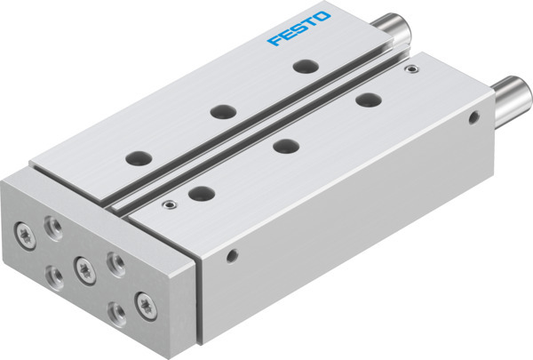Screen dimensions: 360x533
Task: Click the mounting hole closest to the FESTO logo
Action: pos(305,67)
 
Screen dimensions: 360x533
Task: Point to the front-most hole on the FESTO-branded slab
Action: pos(138,157)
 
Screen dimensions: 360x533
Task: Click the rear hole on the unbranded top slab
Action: pos(366,100)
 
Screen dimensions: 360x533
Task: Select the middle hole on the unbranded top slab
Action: pos(284,146)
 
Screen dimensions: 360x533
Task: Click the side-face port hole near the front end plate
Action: pos(231,258)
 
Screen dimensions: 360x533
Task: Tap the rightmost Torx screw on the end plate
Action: pos(141,300)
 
